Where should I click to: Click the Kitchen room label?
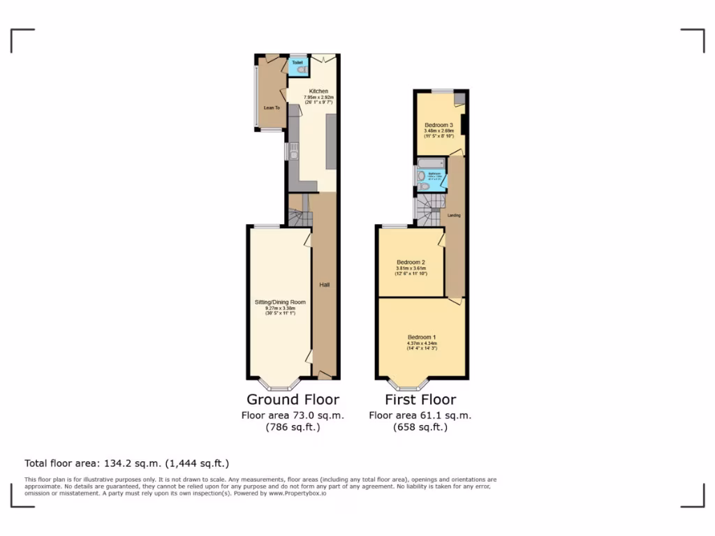[x=319, y=91]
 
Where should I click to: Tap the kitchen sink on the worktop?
[x=294, y=151]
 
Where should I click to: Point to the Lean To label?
[x=272, y=108]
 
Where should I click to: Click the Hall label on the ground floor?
[x=325, y=285]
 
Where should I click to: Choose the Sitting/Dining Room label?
[x=280, y=302]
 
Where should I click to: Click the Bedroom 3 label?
[x=439, y=125]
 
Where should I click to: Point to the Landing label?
[x=454, y=215]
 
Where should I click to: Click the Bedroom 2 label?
[x=411, y=263]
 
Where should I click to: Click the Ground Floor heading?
[x=293, y=400]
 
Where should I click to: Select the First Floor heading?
[x=420, y=400]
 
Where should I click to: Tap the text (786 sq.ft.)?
[x=293, y=427]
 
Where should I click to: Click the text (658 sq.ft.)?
[x=420, y=427]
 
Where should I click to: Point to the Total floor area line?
[x=127, y=463]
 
